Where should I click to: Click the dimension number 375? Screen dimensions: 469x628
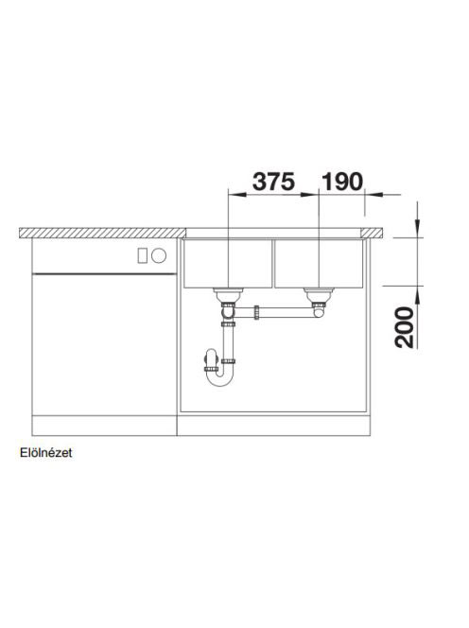point(273,182)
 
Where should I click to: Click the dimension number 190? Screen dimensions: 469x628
point(342,182)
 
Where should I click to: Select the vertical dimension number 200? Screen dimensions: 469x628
point(405,327)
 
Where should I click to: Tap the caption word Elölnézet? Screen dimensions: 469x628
point(46,453)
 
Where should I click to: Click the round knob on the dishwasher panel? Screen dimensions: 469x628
point(159,255)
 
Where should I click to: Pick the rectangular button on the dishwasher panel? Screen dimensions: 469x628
point(142,255)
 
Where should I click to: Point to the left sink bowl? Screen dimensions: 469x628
point(228,263)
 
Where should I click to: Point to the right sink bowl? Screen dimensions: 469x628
point(319,263)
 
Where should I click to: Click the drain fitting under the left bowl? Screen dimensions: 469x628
point(228,295)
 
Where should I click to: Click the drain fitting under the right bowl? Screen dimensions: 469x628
point(319,295)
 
